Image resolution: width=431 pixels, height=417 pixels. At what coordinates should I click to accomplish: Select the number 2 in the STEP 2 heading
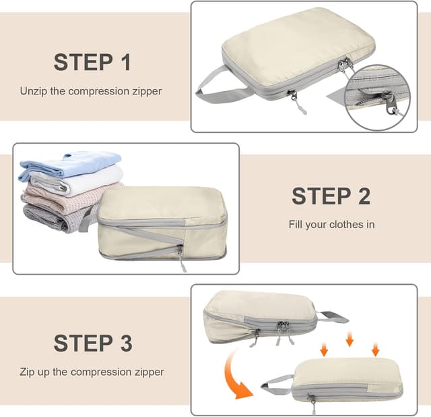(364, 196)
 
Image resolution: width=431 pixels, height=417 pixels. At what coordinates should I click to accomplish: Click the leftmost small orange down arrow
(324, 350)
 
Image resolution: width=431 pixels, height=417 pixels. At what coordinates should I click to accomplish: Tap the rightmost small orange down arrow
(375, 350)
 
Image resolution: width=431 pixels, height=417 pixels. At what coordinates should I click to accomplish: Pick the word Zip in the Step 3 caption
(28, 372)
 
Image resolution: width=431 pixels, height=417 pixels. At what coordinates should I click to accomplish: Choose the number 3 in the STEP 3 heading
(125, 343)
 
